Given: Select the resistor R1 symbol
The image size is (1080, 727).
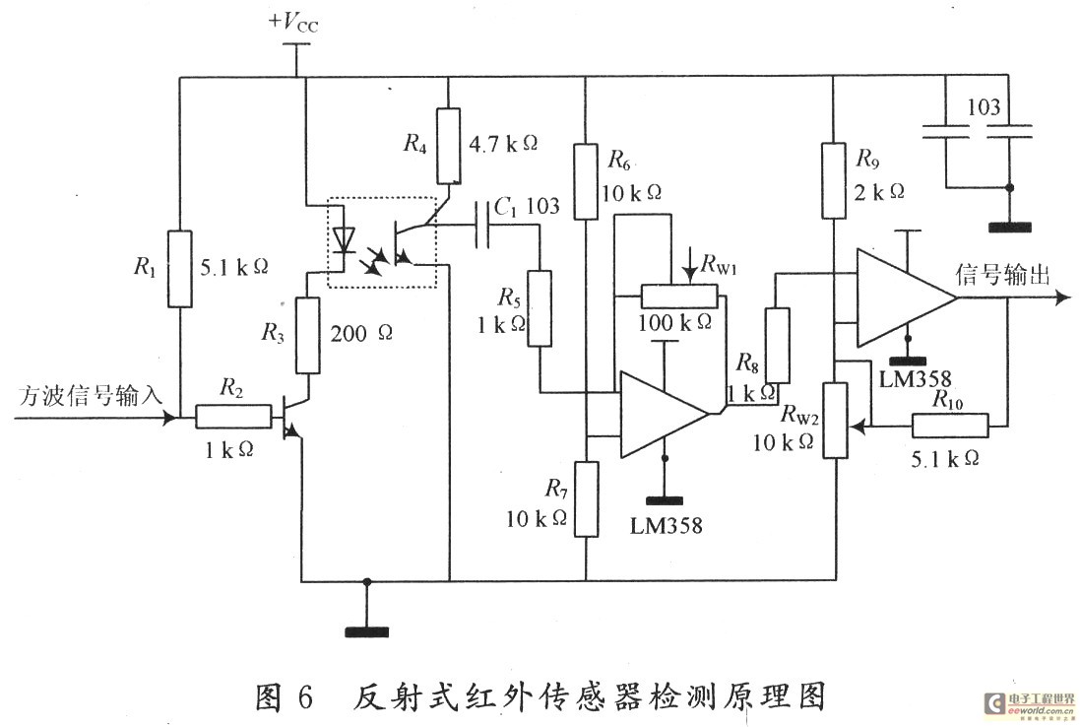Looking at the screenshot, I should (180, 269).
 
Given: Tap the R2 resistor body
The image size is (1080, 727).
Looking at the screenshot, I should (232, 417).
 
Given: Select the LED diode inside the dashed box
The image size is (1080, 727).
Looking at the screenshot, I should (343, 239).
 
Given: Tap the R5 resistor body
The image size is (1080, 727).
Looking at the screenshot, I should (539, 307).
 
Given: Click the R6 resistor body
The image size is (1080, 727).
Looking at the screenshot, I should (586, 181).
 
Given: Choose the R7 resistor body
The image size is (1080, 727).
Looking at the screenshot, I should (586, 498).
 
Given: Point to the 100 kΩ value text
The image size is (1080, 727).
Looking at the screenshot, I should (677, 322).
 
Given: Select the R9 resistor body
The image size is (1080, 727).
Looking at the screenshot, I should (833, 180).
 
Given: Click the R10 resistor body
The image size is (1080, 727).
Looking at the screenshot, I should (950, 426).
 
